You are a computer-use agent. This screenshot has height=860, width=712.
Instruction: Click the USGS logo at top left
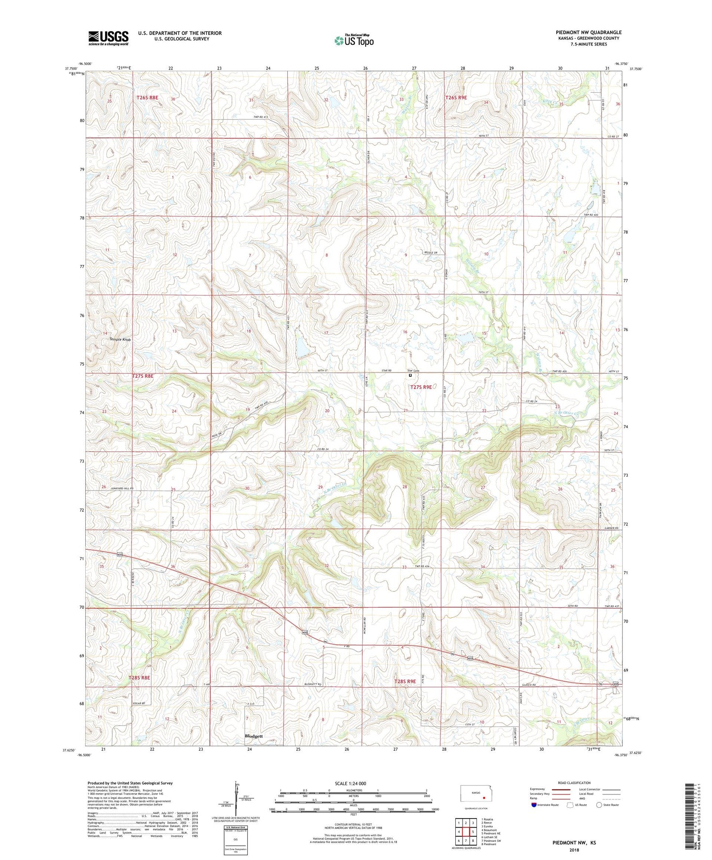point(108,38)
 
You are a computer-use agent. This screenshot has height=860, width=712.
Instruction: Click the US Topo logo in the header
point(354,40)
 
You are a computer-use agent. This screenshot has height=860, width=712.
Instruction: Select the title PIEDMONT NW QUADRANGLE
point(588,32)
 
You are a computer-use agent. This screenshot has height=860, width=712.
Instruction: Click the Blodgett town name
point(254,736)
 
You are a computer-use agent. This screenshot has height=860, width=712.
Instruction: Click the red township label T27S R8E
point(142,376)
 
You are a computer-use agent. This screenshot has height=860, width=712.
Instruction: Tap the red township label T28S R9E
point(405,681)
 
